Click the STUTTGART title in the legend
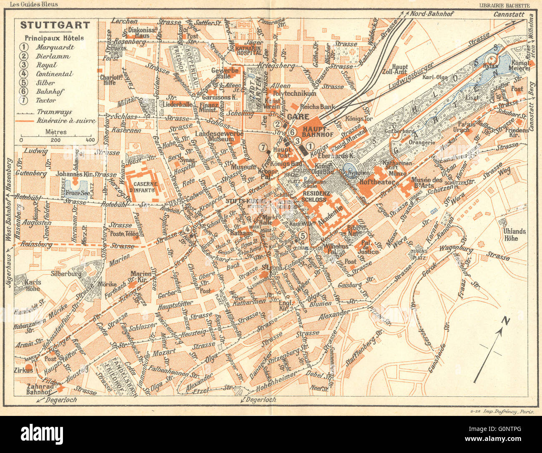tap(55, 25)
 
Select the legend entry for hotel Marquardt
tap(54, 47)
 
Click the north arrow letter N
tap(506, 321)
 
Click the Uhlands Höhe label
tap(514, 235)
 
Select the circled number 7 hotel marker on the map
tap(262, 147)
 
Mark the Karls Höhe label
tap(32, 285)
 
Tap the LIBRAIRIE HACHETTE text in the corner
tap(504, 5)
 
